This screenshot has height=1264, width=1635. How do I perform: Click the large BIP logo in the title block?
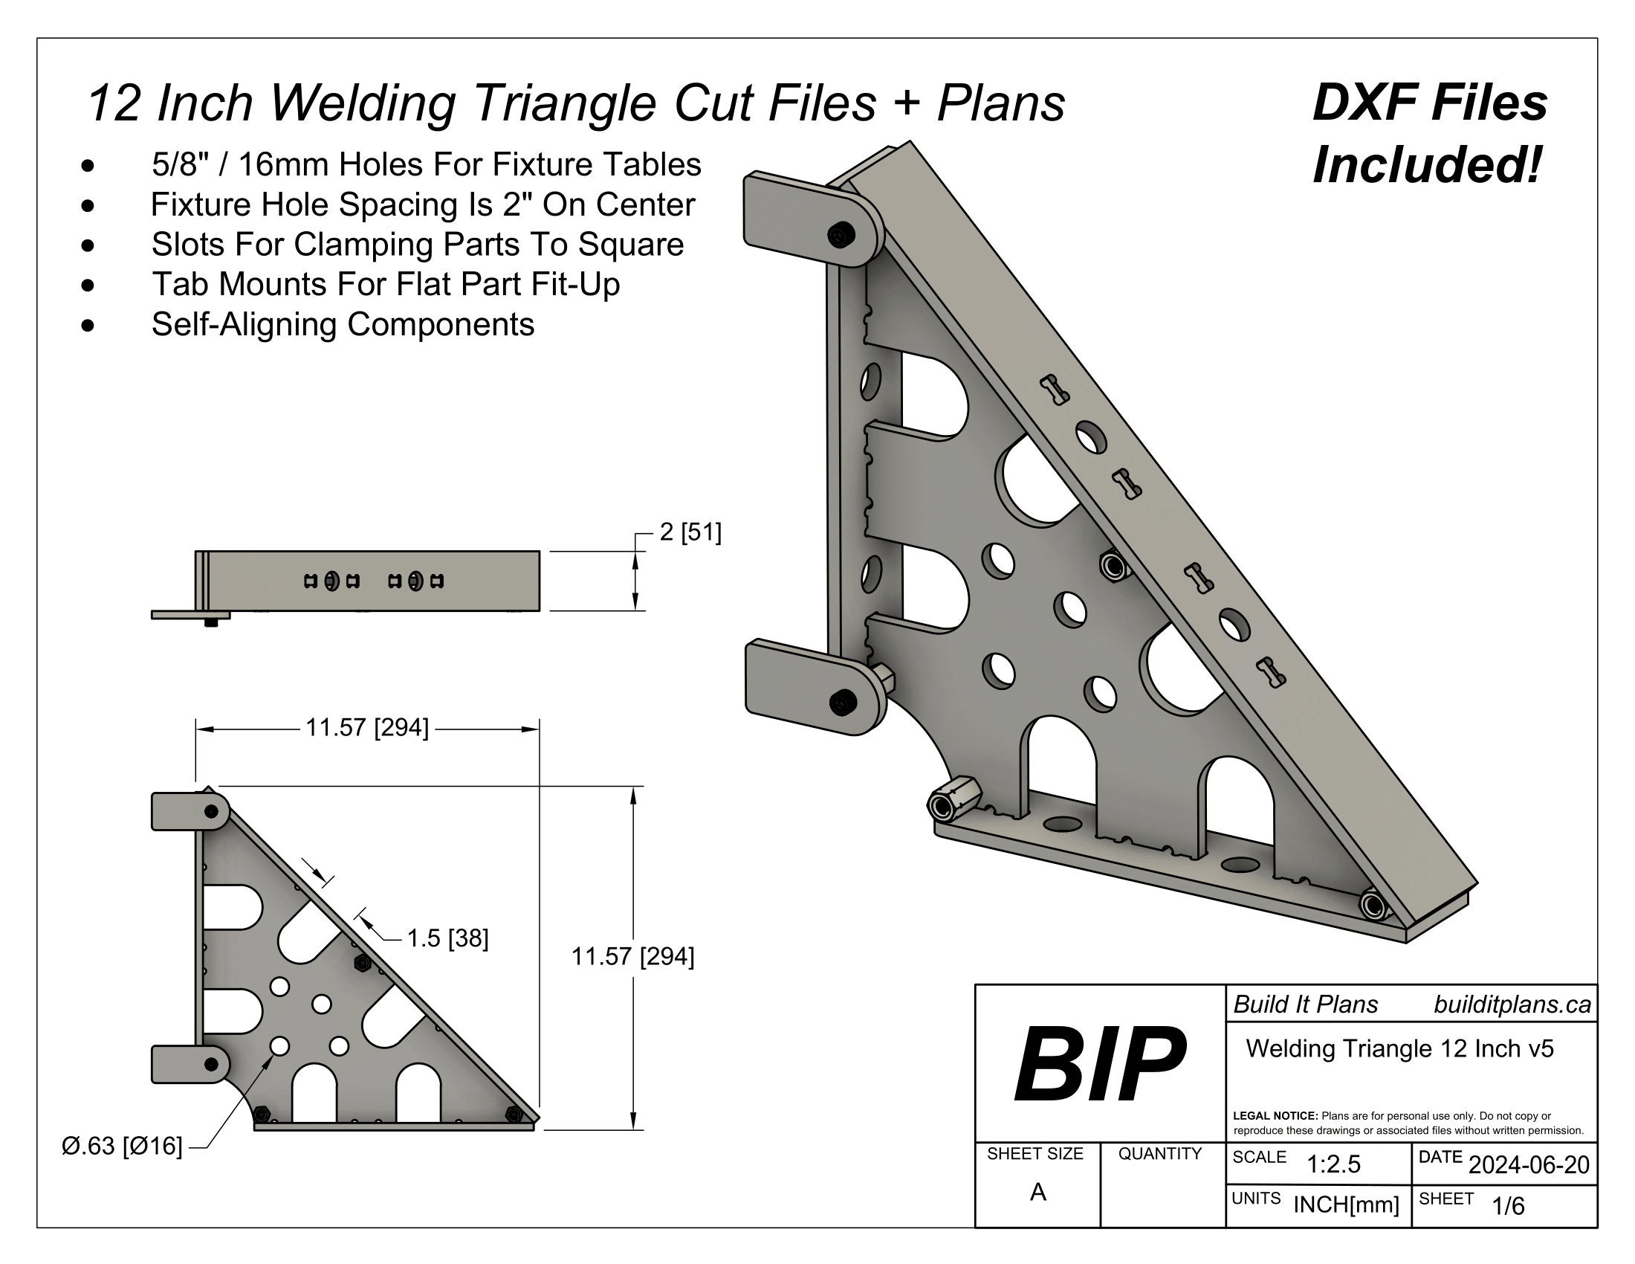[x=1100, y=1064]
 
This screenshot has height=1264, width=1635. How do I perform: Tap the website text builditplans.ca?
[x=1512, y=1005]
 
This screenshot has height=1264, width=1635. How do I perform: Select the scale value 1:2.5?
[x=1333, y=1164]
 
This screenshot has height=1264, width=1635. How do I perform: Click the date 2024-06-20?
[x=1529, y=1164]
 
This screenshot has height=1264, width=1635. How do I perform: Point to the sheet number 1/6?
[x=1508, y=1205]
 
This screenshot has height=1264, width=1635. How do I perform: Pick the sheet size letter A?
[x=1037, y=1192]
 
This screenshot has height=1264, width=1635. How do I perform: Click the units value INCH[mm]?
[x=1346, y=1205]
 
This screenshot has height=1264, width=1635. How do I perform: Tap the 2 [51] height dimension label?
[x=690, y=532]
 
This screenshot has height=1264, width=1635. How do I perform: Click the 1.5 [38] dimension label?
[x=447, y=938]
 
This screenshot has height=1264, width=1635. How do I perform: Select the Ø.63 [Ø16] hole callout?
[x=122, y=1146]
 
